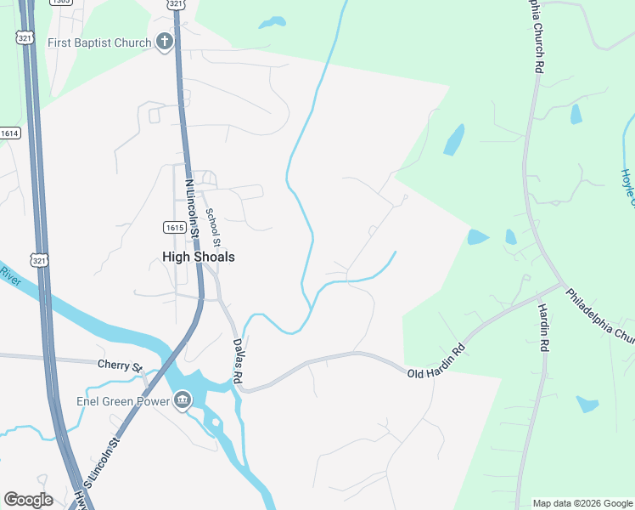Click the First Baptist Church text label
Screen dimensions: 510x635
[99, 42]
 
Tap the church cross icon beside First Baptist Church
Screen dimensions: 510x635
[165, 42]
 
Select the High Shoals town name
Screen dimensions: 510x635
[199, 257]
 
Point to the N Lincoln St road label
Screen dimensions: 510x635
[192, 207]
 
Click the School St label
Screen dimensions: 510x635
[213, 227]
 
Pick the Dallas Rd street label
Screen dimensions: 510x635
[238, 360]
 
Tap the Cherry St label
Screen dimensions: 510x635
[120, 365]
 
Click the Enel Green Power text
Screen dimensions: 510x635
[116, 401]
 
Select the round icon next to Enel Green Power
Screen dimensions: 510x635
[183, 401]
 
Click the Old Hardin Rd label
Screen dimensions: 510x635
[436, 361]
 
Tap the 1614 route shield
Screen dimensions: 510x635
[9, 133]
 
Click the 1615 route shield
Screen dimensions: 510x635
[174, 228]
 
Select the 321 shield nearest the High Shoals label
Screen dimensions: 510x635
[39, 260]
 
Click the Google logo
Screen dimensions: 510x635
[28, 499]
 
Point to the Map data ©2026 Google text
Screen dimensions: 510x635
[582, 503]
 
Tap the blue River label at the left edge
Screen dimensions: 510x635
[9, 276]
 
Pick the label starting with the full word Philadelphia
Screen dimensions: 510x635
[598, 314]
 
